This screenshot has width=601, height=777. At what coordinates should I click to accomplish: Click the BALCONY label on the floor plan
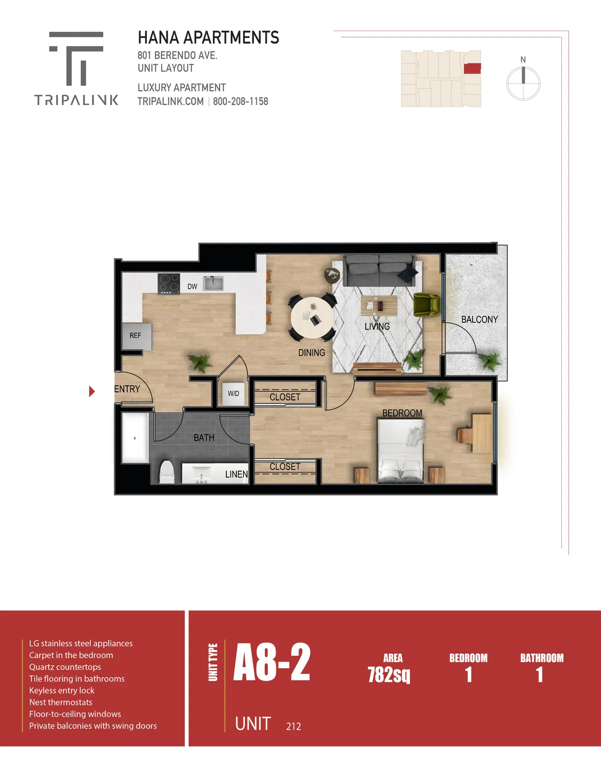[479, 319]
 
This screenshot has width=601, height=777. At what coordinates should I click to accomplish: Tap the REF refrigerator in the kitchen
[137, 336]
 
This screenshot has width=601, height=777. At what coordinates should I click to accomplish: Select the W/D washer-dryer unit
[233, 394]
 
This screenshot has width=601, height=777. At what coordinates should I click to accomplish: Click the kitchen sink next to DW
[213, 283]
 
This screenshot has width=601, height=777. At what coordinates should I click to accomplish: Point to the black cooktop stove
[169, 284]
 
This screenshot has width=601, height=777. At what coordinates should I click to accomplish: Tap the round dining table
[312, 317]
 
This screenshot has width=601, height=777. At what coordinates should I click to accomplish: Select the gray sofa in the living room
[379, 271]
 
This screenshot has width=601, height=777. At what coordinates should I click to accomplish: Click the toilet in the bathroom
[167, 472]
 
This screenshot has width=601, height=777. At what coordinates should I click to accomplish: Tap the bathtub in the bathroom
[135, 438]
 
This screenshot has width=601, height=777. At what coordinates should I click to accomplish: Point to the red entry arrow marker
[92, 392]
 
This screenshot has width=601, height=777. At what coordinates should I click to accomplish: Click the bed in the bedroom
[401, 451]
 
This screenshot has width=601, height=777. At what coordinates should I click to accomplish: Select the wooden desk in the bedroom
[482, 434]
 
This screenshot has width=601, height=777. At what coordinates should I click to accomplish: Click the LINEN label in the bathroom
[236, 474]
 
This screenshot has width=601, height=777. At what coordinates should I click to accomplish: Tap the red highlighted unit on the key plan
[472, 68]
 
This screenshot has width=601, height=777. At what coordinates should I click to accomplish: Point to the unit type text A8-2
[271, 662]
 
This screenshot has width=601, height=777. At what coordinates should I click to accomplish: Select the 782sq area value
[389, 675]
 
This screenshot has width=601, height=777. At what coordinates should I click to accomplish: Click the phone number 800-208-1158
[240, 102]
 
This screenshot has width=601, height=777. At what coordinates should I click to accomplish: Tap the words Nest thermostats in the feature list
[61, 702]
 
